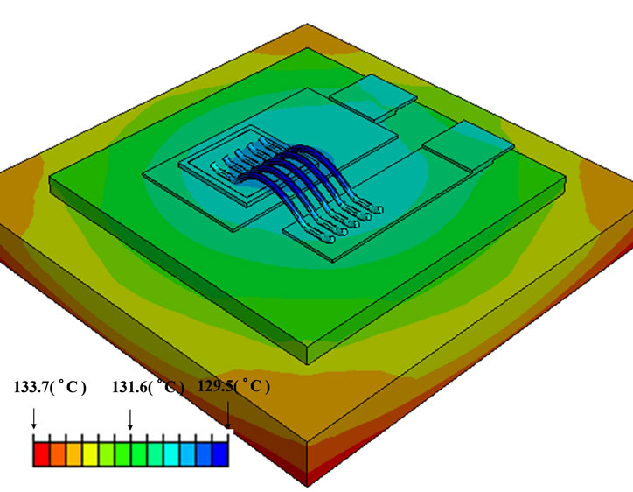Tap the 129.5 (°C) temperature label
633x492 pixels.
tap(234, 387)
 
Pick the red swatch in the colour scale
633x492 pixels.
tap(41, 453)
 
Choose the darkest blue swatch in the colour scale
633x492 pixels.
tap(220, 453)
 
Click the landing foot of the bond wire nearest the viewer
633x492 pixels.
tap(327, 239)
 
